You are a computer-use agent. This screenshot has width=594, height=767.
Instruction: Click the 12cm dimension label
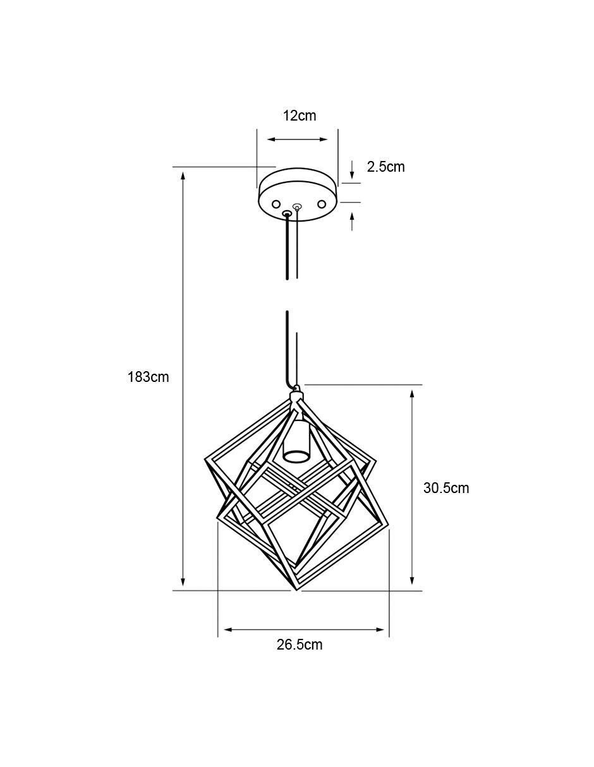300,116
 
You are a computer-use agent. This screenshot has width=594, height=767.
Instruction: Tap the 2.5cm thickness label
385,167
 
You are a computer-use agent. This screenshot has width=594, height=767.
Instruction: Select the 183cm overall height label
148,378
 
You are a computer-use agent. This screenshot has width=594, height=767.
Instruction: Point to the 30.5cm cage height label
446,488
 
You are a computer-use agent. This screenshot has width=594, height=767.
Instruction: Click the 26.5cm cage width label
300,645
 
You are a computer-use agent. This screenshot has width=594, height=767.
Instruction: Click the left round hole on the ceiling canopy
276,204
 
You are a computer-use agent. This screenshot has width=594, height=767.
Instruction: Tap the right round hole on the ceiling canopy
322,204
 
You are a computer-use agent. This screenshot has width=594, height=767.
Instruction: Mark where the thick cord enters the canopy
288,213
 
